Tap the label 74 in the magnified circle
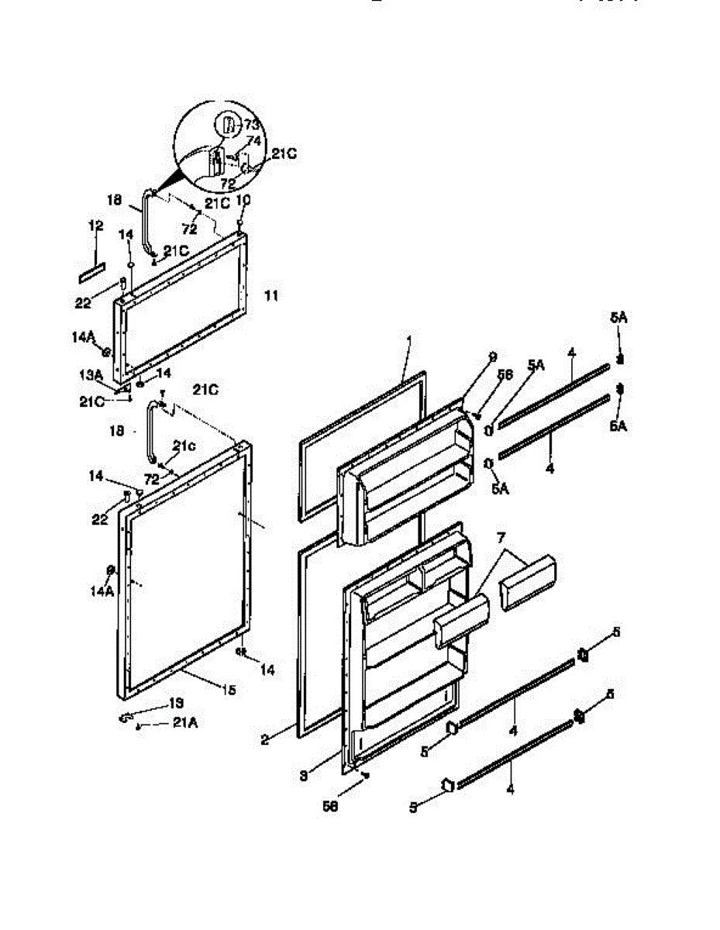[253, 141]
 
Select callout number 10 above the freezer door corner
[243, 200]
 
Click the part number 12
[95, 226]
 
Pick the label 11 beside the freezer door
[270, 295]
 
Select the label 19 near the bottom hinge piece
[176, 704]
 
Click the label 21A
[184, 723]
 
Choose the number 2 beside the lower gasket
[265, 739]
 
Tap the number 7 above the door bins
[501, 537]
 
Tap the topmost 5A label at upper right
[618, 317]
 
